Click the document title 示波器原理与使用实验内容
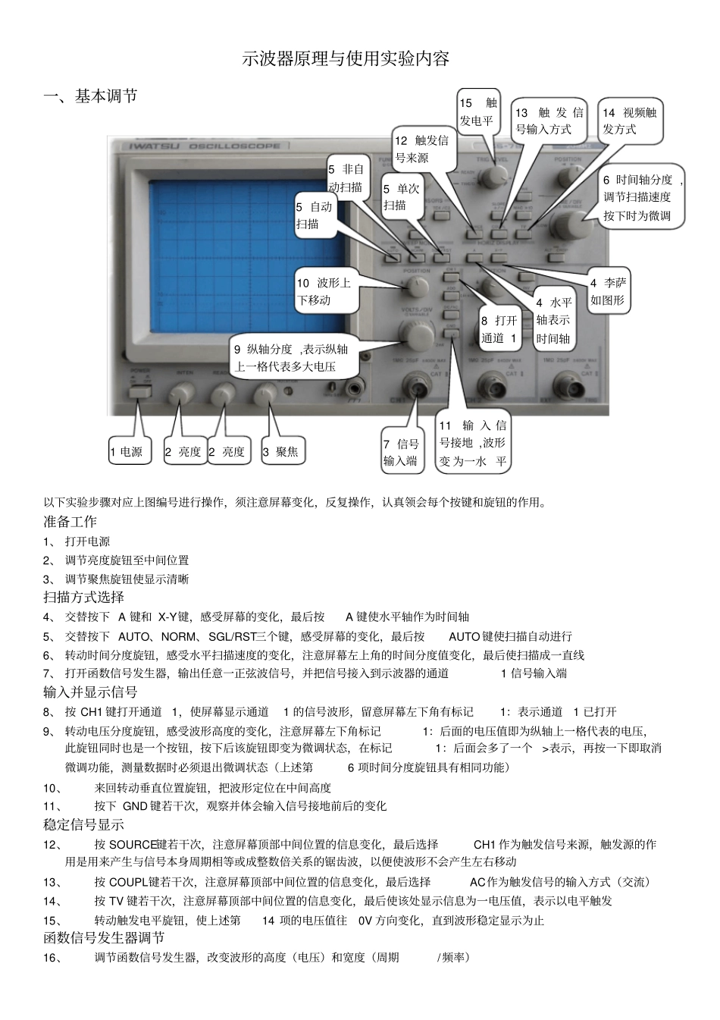(346, 59)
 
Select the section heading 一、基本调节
(90, 96)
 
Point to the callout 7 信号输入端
(401, 452)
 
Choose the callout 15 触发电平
(477, 111)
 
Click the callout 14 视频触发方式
(630, 121)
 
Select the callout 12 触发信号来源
(422, 149)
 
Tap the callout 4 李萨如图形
(609, 291)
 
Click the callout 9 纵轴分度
(290, 358)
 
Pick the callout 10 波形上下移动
(324, 291)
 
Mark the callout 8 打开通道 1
(499, 329)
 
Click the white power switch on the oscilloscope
(137, 392)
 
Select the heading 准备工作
(70, 522)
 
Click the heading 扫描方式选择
(83, 598)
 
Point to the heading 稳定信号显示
(83, 825)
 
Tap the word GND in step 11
(134, 806)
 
